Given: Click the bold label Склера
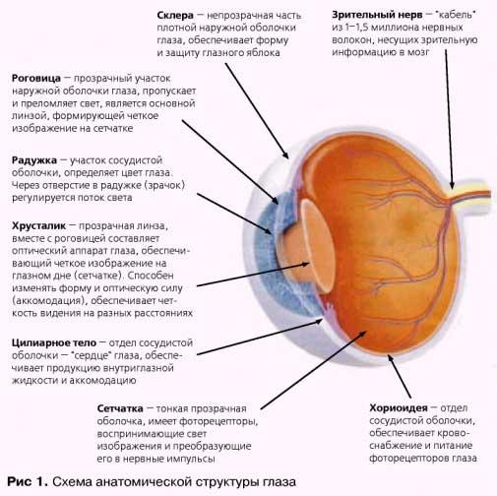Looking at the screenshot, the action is pos(175,16).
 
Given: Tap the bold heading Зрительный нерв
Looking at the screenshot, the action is pos(377,15).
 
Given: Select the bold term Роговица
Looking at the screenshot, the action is pos(36,79).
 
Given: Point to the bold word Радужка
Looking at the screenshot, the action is pos(34,160).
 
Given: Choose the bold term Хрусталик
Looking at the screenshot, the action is pos(38,226).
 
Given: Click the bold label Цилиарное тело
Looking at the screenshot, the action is pos(54,343).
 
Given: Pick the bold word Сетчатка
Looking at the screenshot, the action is pos(120,408).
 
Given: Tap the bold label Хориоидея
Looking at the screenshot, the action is pos(399,408).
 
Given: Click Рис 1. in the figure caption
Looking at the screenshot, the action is pos(28,481).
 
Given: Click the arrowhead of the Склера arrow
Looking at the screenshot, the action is pos(286,155).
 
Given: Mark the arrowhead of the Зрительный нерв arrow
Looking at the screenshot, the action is pos(452,185).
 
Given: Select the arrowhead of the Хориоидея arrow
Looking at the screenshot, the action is pos(391,357).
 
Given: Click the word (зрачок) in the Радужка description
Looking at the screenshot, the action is pos(164,185).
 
